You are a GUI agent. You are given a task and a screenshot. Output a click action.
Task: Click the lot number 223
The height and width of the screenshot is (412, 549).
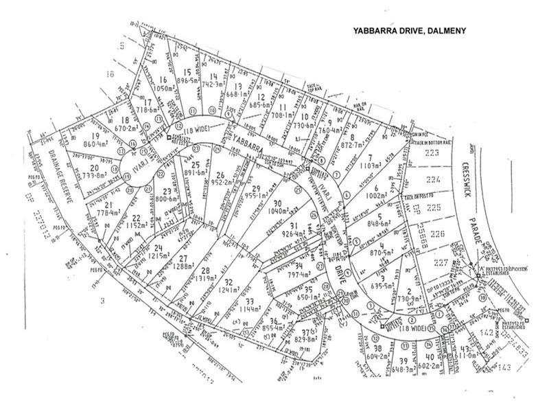(x=431, y=153)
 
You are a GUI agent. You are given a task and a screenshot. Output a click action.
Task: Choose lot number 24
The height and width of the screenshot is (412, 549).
(x=158, y=248)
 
